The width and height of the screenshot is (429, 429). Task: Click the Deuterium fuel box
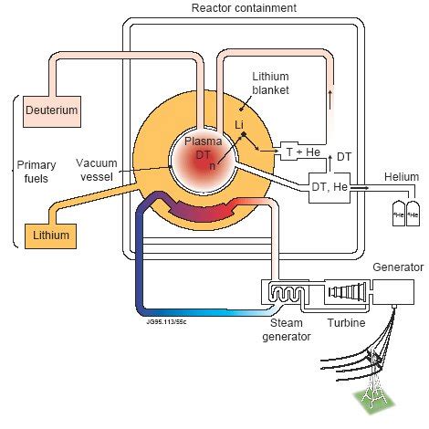click(51, 111)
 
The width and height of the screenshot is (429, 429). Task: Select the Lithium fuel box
click(52, 235)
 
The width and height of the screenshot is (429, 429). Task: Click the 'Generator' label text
click(398, 267)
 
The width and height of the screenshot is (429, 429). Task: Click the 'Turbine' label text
click(347, 323)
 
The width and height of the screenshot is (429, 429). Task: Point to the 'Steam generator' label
click(286, 330)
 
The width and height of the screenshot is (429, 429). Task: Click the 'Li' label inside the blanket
click(239, 122)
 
